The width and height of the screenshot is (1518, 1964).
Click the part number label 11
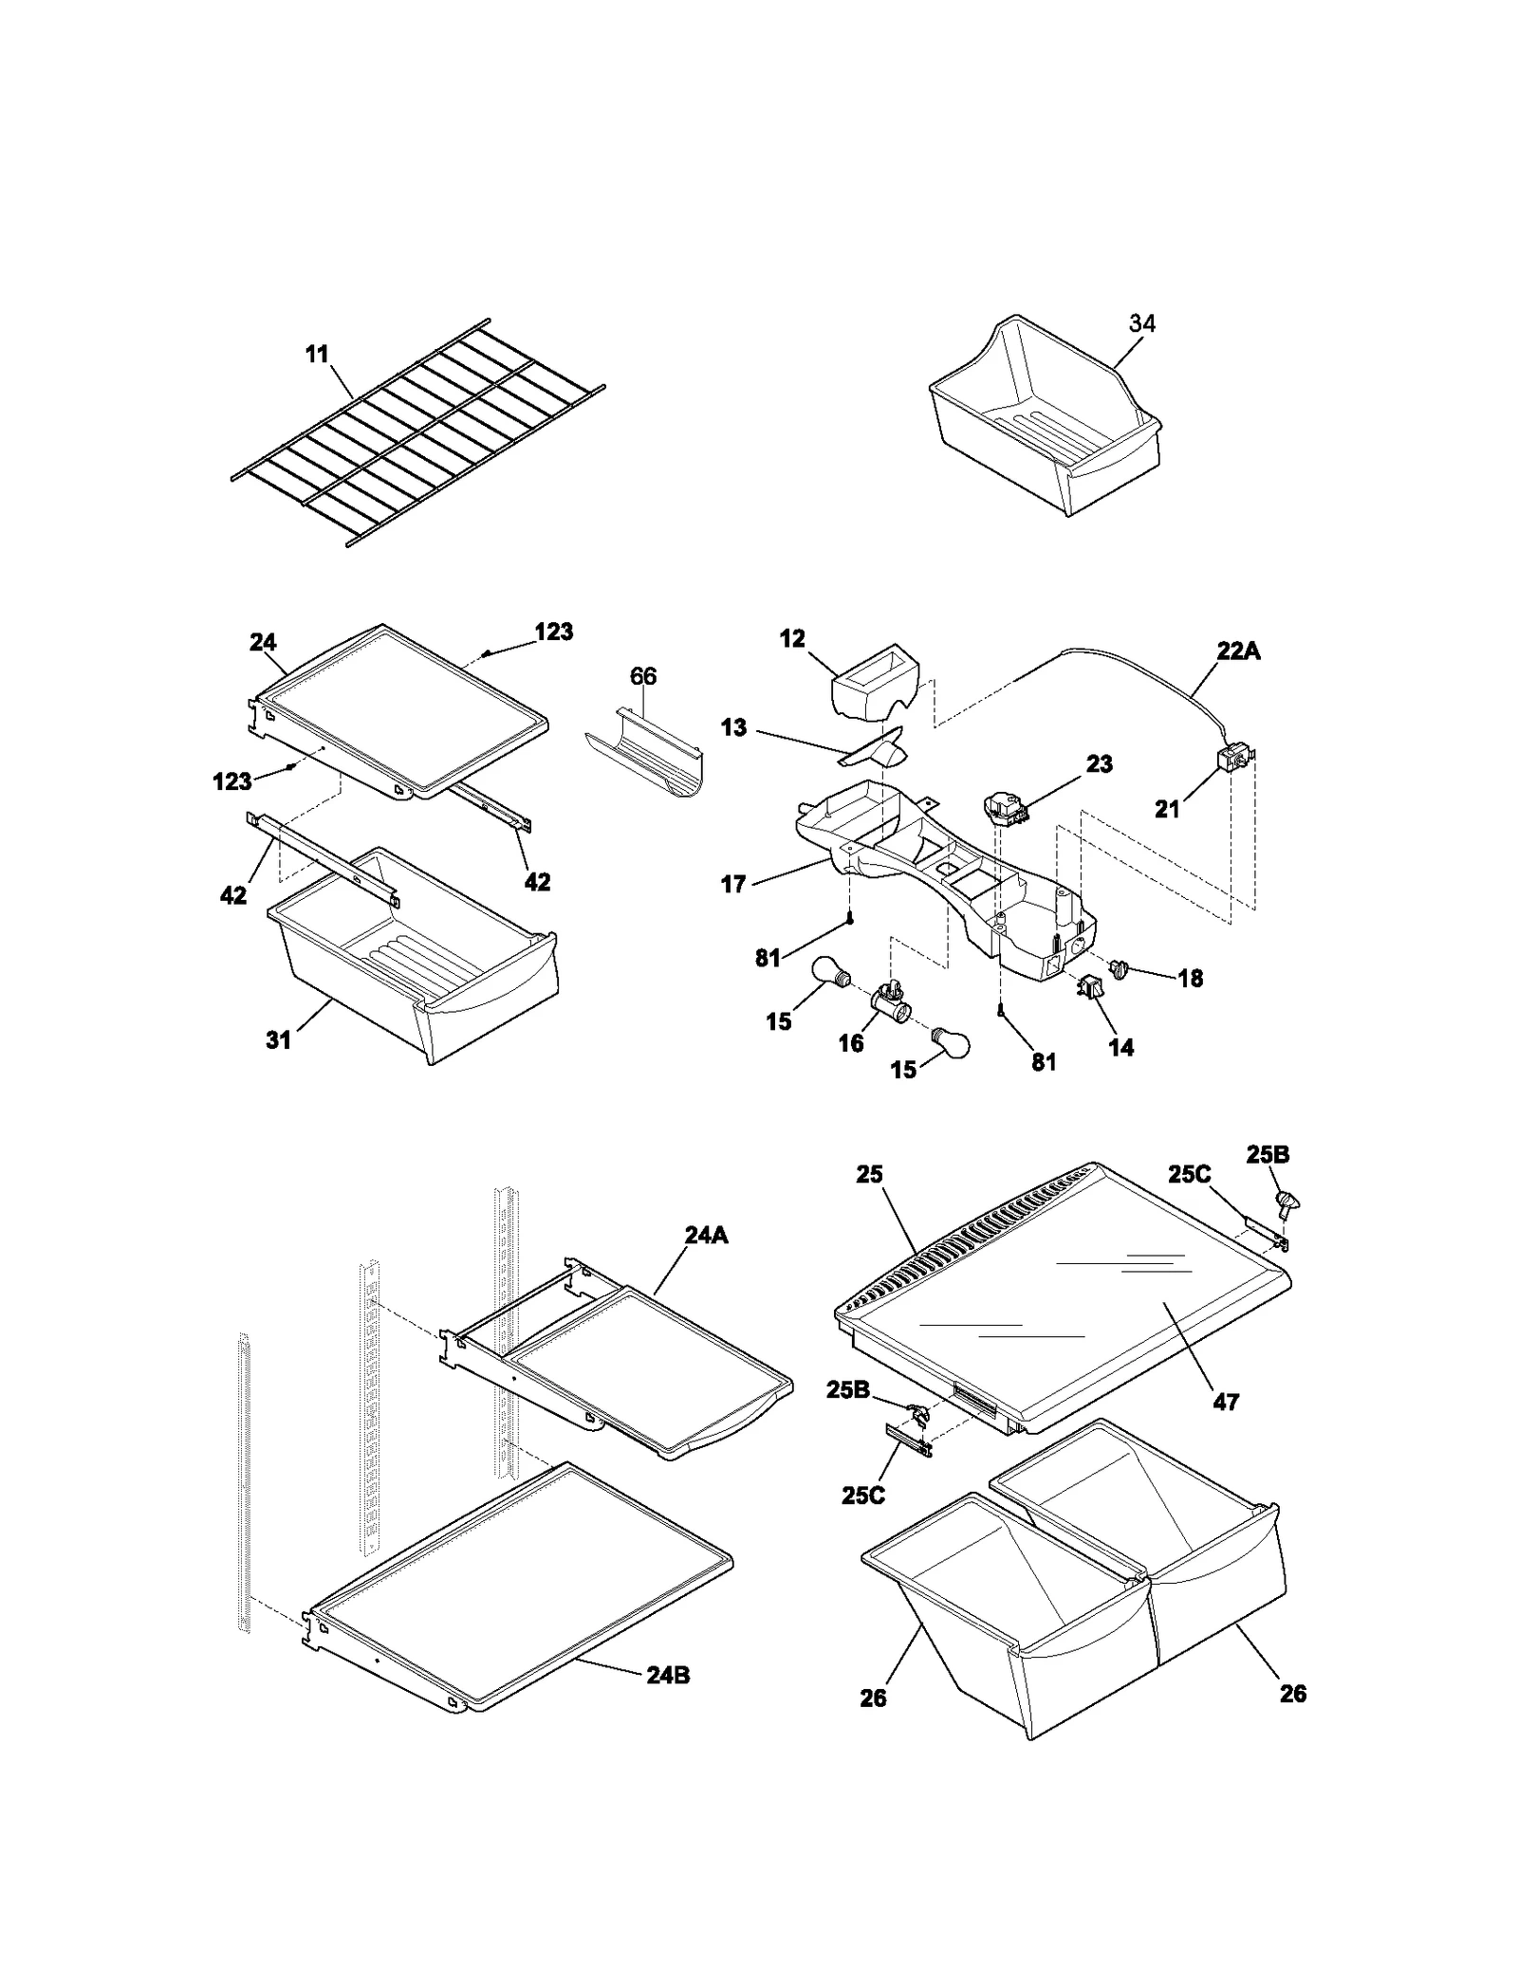click(x=316, y=355)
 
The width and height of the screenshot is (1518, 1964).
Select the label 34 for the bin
click(x=1141, y=323)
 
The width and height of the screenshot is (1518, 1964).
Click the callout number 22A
click(x=1238, y=652)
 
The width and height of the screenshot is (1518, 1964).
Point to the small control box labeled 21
click(x=1232, y=760)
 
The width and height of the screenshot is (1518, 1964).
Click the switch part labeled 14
click(x=1088, y=989)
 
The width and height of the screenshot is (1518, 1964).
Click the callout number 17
click(x=733, y=886)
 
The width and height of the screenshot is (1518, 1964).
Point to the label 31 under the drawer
click(x=277, y=1040)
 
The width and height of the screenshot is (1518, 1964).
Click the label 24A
click(x=706, y=1235)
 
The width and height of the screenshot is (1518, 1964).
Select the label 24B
click(x=668, y=1701)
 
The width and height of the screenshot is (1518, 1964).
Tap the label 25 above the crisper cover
click(x=869, y=1175)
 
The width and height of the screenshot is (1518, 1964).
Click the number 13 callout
click(x=733, y=727)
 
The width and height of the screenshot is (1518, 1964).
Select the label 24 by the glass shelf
click(x=263, y=642)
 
